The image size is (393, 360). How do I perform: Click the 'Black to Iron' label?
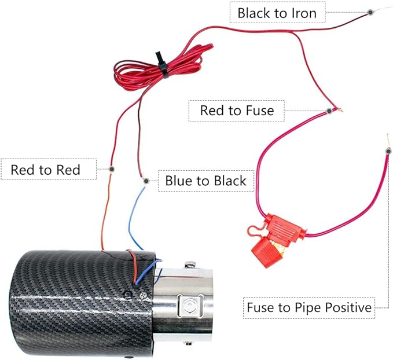(x=277, y=12)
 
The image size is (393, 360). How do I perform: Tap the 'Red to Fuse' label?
(x=237, y=110)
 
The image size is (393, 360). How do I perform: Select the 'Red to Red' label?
(x=45, y=170)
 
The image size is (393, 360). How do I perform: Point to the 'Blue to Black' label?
(x=205, y=181)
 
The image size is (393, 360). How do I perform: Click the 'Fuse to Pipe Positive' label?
(x=308, y=307)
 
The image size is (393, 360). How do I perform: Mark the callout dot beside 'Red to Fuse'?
(x=328, y=110)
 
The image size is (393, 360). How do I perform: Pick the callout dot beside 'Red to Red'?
(x=111, y=170)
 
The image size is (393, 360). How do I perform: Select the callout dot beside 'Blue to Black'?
(x=146, y=181)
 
